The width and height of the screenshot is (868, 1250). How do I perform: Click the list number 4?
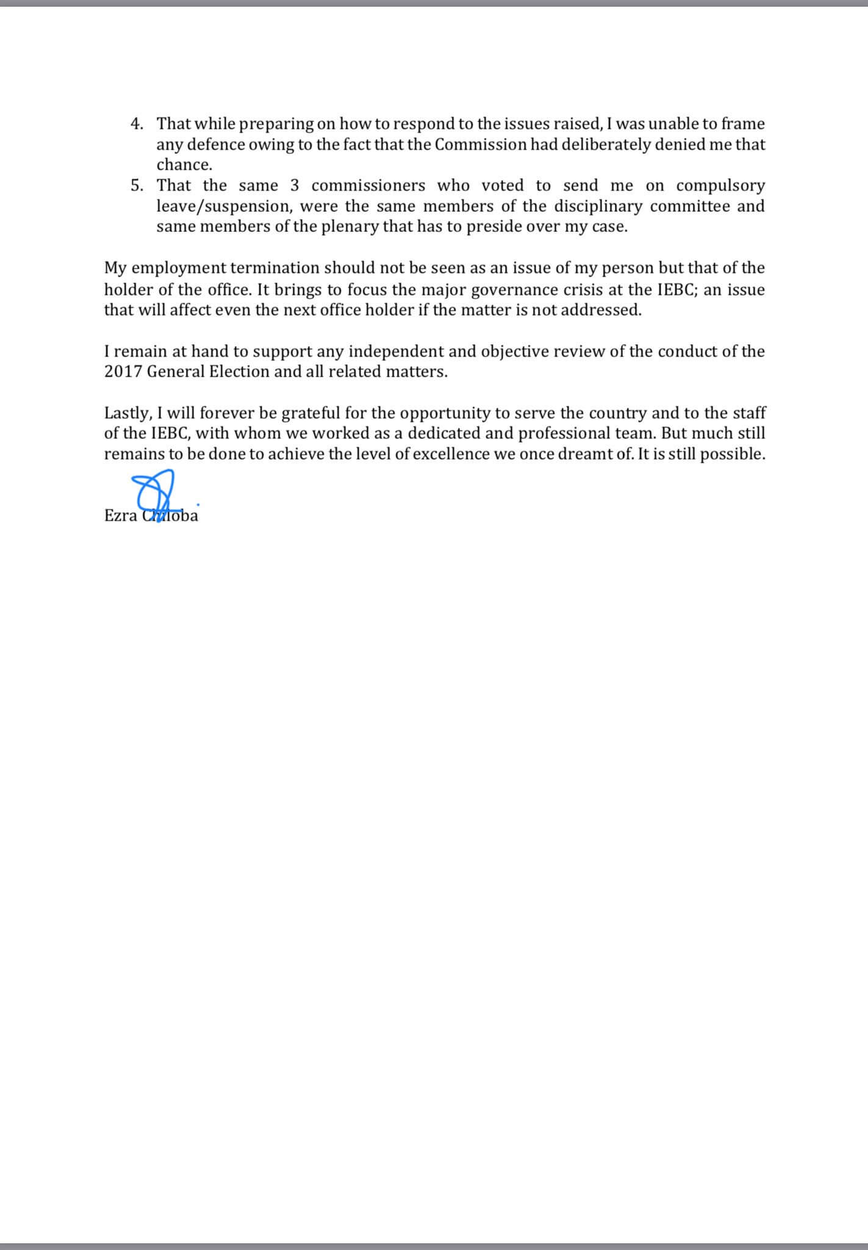137,124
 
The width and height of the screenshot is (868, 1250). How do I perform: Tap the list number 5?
137,186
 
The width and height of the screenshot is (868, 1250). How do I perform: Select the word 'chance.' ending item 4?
184,165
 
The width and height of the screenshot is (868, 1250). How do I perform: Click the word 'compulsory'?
720,186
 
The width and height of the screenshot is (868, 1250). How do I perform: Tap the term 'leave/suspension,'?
221,206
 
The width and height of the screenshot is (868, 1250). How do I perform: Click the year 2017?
122,372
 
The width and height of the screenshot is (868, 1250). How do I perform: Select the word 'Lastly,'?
127,414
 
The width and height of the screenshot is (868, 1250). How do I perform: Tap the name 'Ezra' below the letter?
120,516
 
